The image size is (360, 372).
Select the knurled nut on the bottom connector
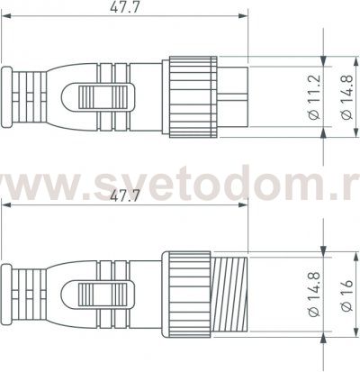[187, 290]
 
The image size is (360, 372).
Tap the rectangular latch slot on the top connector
[102, 96]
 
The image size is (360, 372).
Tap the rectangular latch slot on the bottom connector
[102, 291]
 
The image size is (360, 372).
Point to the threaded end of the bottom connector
[230, 290]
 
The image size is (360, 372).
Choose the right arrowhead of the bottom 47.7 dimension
[245, 204]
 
